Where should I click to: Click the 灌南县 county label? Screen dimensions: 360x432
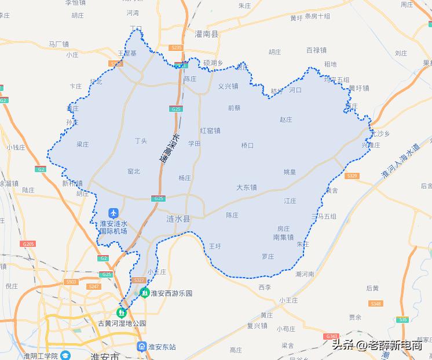[x=207, y=35]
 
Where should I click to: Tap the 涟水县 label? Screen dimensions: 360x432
[x=178, y=219]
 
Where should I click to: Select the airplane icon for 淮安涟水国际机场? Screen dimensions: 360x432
[x=113, y=213]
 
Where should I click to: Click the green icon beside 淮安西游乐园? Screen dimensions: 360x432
[x=144, y=293]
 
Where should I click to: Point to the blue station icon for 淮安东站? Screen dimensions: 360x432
[x=142, y=347]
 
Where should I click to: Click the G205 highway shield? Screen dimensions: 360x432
[x=28, y=244]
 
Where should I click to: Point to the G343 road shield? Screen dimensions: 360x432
[x=331, y=336]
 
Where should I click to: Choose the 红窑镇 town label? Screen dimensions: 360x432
[x=210, y=130]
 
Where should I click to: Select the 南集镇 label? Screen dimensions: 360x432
[x=283, y=237]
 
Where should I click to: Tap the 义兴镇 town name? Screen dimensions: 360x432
[x=228, y=86]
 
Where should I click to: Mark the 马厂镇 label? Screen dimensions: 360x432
[x=58, y=43]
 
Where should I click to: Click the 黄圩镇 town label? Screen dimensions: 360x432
[x=358, y=88]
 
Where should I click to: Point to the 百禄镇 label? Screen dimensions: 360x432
[x=316, y=50]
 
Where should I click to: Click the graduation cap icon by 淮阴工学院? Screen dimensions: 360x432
[x=65, y=355]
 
